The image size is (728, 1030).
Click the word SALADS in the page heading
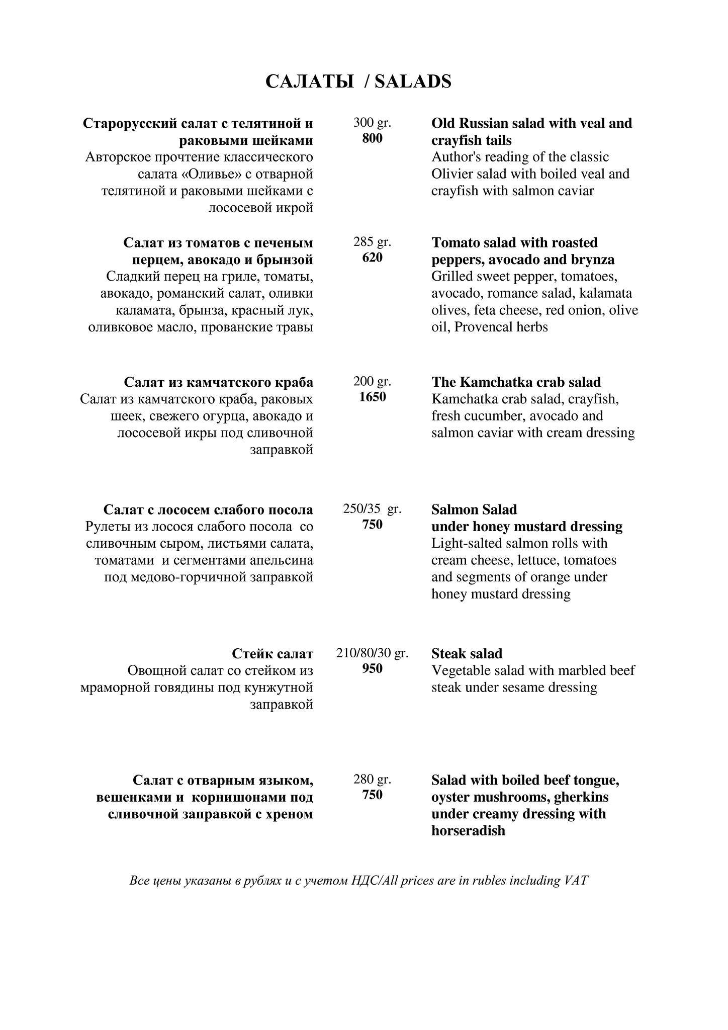413,81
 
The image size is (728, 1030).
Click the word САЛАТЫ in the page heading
309,81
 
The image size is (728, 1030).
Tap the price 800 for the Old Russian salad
372,138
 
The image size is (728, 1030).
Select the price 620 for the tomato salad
372,257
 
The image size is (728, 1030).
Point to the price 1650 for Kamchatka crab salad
372,397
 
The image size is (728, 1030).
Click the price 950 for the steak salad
372,668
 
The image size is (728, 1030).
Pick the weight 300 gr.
372,122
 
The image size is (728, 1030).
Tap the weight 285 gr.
372,241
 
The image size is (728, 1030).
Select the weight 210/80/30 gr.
372,653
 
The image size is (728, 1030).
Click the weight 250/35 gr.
372,508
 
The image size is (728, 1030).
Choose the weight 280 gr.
372,779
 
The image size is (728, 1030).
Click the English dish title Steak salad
467,653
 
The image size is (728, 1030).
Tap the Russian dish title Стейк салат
272,653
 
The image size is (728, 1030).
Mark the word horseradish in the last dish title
468,830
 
